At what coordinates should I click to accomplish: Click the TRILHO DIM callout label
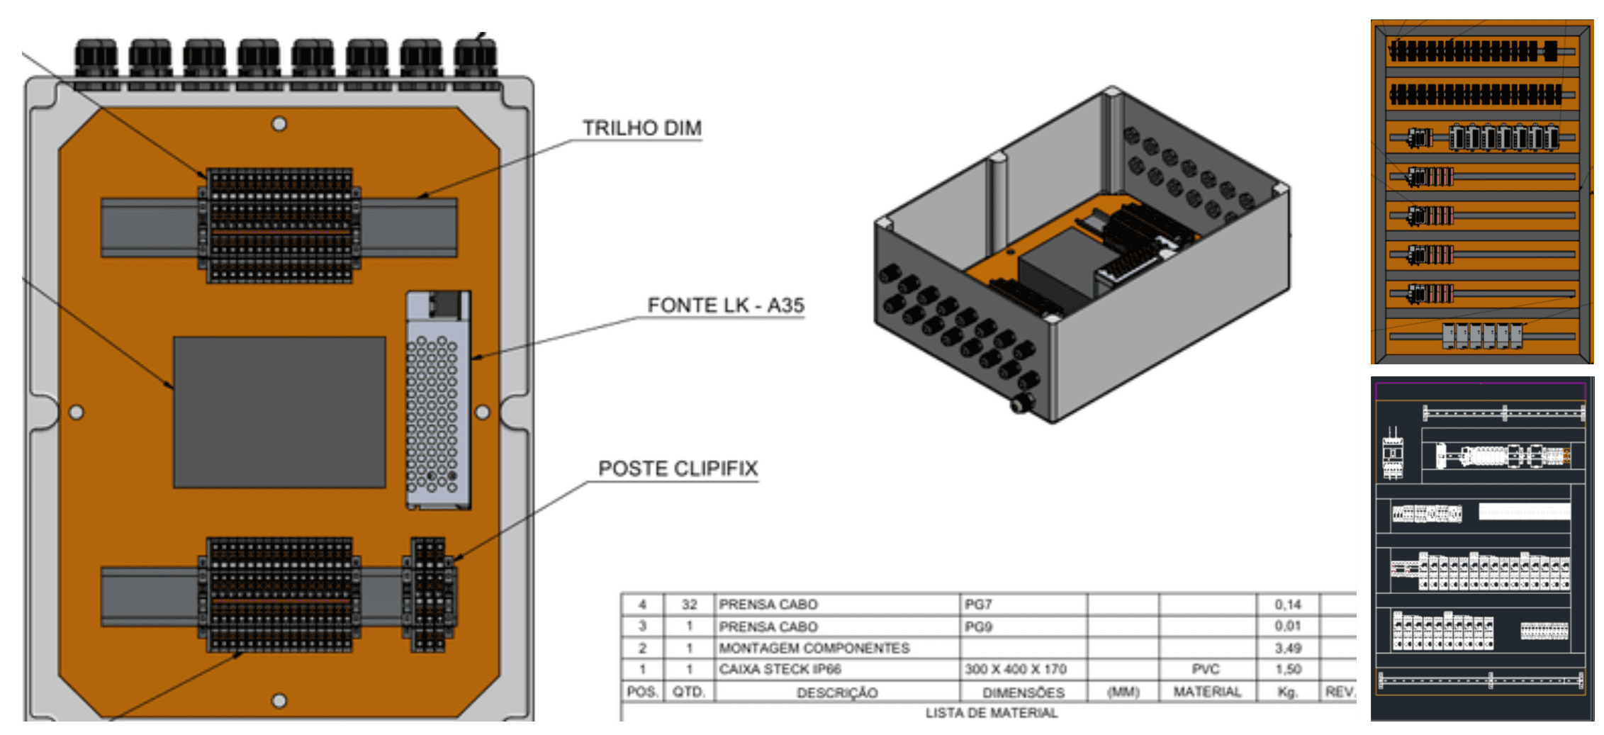click(x=641, y=128)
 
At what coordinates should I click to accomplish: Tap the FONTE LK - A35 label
click(x=725, y=305)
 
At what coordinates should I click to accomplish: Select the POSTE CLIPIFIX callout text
click(x=678, y=469)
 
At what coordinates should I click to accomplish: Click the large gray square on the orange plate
click(x=279, y=412)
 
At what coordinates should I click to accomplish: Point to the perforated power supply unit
click(x=437, y=400)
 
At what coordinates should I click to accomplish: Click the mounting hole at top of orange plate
click(x=279, y=124)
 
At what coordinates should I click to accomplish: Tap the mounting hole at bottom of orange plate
click(x=279, y=700)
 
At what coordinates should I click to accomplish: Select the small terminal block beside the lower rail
click(x=429, y=594)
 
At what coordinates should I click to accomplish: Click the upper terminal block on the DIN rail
click(x=279, y=225)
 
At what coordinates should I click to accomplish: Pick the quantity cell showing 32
click(x=689, y=605)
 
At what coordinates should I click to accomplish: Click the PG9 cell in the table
click(x=978, y=627)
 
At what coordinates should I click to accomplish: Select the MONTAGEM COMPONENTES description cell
click(x=814, y=648)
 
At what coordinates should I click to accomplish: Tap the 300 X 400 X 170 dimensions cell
click(x=1015, y=669)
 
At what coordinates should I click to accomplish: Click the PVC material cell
click(x=1206, y=669)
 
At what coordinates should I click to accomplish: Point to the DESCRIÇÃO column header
click(x=836, y=692)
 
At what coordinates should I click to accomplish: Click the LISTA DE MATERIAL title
click(x=991, y=713)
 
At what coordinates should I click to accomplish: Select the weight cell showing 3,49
click(x=1287, y=648)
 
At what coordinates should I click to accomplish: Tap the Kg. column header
click(x=1287, y=692)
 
